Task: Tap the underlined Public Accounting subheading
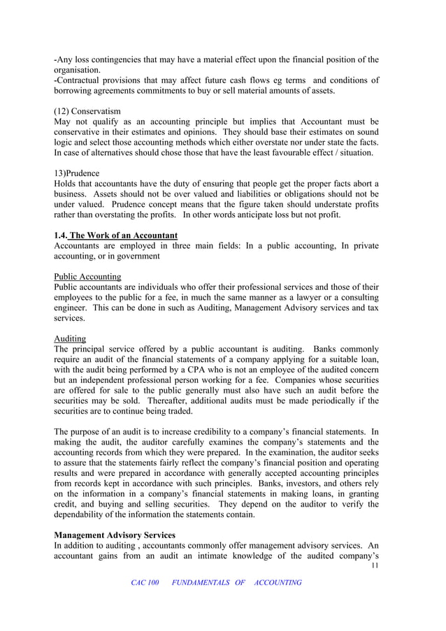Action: (x=87, y=276)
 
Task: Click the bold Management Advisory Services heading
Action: (x=115, y=535)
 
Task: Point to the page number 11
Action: (x=375, y=566)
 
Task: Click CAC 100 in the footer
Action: (x=145, y=583)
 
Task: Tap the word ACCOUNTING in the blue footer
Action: (x=278, y=583)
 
